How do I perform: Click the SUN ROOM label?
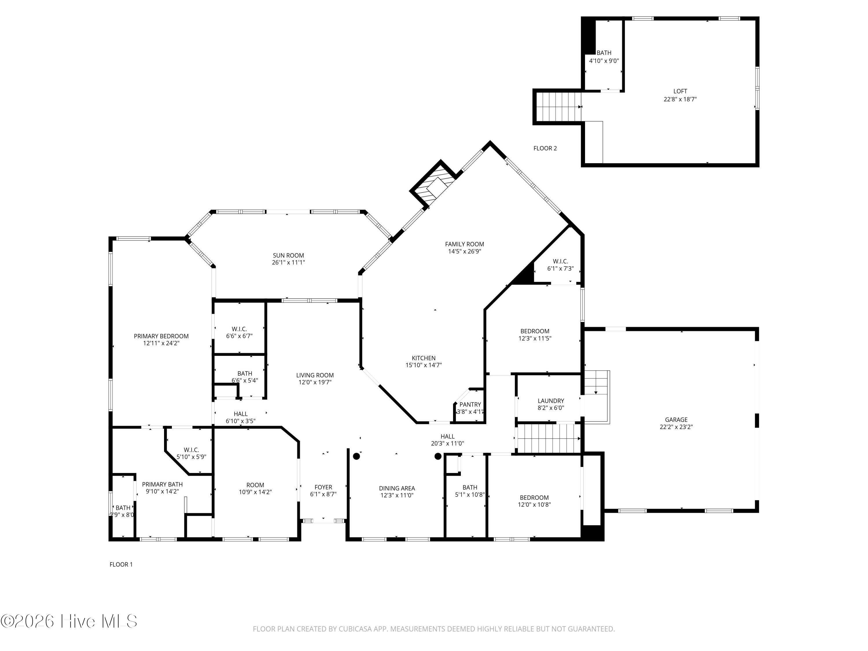coord(288,255)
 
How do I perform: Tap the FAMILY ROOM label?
coord(465,244)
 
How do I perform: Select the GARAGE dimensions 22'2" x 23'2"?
coord(676,427)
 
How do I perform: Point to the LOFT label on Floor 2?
coord(680,91)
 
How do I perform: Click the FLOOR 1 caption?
coord(121,564)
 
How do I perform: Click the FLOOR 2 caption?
coord(545,148)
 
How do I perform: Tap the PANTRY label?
coord(470,404)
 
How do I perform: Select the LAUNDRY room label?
coord(551,401)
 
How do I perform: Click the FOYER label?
coord(323,487)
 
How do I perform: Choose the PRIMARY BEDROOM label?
coord(161,336)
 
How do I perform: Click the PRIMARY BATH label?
coord(162,484)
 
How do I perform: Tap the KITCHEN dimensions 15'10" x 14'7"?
coord(424,365)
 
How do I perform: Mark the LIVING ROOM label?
coord(315,375)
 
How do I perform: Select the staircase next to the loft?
coord(558,107)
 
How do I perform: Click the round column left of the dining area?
coord(356,456)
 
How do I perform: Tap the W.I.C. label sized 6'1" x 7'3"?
coord(560,261)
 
